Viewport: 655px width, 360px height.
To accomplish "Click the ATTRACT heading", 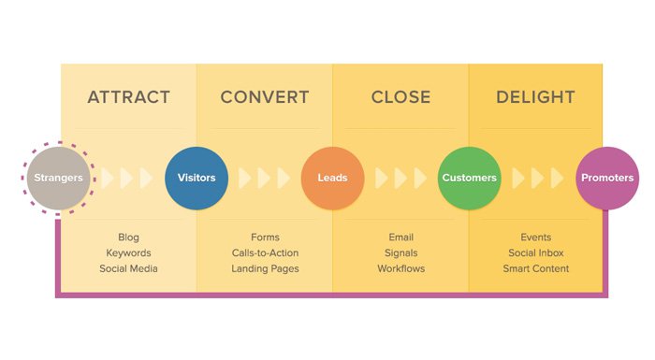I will pos(128,97).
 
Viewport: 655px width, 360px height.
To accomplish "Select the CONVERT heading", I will pos(265,97).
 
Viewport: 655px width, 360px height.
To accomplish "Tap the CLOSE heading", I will pos(400,97).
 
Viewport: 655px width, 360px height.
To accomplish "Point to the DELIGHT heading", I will pos(536,97).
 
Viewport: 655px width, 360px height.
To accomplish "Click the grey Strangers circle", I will pos(59,178).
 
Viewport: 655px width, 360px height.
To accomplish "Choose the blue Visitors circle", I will pos(196,178).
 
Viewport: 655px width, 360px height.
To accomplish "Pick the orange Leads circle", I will pos(332,178).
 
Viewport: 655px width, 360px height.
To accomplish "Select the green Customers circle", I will pos(469,178).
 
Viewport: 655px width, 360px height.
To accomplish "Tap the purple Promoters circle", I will pos(606,178).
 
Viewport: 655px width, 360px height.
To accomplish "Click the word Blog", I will pos(128,238).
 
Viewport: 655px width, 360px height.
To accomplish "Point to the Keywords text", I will pos(128,253).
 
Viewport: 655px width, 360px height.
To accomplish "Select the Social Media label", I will pos(128,269).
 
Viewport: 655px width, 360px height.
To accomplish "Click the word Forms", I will pos(265,238).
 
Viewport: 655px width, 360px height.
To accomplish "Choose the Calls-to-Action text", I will pos(265,253).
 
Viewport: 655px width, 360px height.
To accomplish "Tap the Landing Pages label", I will pos(265,269).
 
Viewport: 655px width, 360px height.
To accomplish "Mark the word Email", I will pos(400,238).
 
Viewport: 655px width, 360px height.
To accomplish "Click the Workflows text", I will pos(400,269).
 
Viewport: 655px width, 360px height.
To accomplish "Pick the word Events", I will pos(536,238).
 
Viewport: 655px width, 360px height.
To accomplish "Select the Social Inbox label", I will pos(536,253).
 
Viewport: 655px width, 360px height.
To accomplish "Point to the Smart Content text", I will pos(536,269).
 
